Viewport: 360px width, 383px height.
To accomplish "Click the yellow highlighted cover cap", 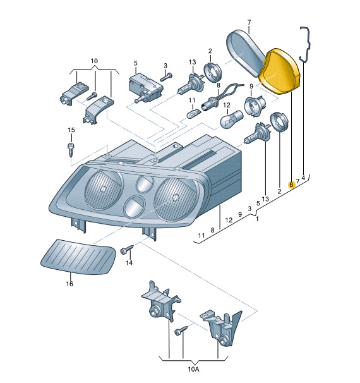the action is point(280,71).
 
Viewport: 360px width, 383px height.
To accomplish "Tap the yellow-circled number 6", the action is point(291,185).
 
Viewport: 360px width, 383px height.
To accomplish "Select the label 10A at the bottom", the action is point(193,369).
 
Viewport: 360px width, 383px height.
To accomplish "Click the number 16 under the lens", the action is point(69,284).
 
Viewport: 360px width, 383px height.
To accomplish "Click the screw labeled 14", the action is point(127,249).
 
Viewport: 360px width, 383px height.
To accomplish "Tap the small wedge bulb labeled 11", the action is point(195,114).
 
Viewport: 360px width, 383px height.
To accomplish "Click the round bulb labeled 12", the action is point(232,118).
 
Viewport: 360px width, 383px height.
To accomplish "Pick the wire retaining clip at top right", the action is point(306,44).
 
